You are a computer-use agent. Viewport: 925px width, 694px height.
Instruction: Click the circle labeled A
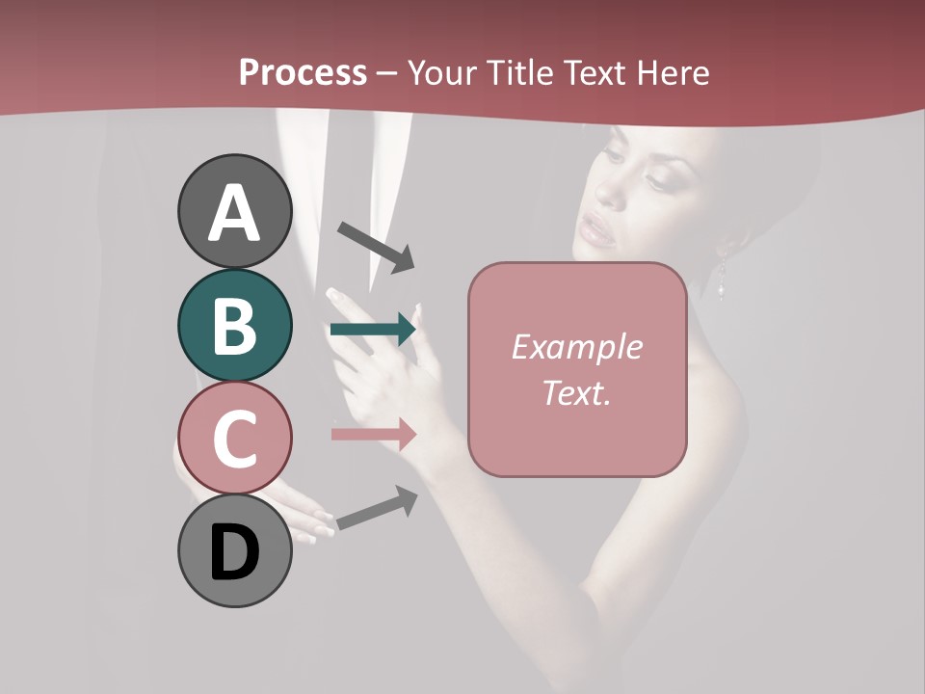point(235,211)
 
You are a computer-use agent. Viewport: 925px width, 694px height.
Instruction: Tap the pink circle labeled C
point(235,438)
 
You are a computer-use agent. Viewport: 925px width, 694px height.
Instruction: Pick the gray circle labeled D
point(235,551)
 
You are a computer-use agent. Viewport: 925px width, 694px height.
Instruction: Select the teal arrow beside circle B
point(373,330)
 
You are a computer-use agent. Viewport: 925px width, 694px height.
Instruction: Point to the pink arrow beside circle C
point(373,434)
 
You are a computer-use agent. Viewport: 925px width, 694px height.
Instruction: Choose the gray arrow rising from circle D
point(377,508)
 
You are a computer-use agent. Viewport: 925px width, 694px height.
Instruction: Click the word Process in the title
point(303,72)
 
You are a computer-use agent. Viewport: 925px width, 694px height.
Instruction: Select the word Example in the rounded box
point(576,347)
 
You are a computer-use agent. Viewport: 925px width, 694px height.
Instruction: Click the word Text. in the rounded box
point(576,392)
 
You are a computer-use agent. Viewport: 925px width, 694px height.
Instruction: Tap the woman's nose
point(610,193)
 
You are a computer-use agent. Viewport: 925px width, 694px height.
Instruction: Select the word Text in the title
point(594,72)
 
